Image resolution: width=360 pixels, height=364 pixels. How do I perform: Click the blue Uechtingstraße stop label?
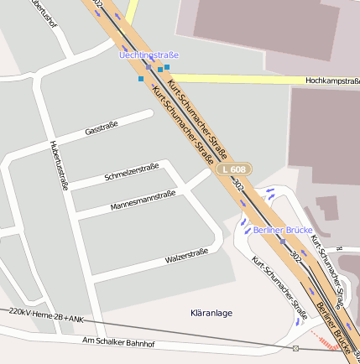point(149,55)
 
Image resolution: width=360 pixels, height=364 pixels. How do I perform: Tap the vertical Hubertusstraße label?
point(57,164)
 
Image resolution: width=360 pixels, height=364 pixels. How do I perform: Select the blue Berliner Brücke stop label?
point(283,230)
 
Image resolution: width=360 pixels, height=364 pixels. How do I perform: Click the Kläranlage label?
point(211,313)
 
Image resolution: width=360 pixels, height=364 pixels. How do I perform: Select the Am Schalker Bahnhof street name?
point(118,343)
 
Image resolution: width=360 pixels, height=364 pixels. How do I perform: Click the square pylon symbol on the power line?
point(295,348)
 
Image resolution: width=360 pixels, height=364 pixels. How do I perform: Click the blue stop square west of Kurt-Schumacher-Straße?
point(141,79)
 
